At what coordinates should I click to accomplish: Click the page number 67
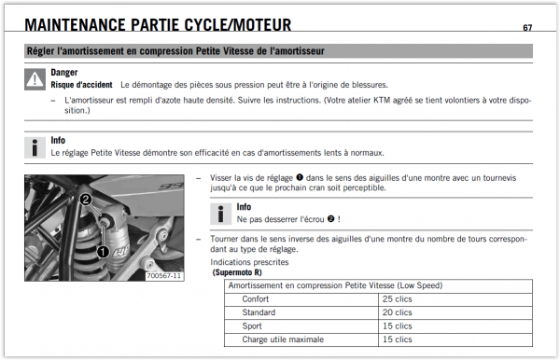point(527,27)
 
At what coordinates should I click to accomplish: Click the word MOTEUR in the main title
point(262,25)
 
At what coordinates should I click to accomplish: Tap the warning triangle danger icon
point(35,79)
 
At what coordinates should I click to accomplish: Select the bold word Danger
point(63,73)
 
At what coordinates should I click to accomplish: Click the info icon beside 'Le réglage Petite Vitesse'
point(35,147)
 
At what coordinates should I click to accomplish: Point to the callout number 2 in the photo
point(86,199)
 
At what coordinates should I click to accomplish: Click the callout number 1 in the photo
point(103,252)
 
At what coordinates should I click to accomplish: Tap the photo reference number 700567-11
point(164,276)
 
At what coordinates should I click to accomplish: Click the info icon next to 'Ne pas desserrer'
point(220,214)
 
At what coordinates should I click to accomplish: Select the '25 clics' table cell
point(398,299)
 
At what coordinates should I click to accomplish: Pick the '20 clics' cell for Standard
point(398,312)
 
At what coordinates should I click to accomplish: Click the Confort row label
point(256,299)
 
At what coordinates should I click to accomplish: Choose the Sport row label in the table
point(252,326)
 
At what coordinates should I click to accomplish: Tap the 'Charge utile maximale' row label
point(283,339)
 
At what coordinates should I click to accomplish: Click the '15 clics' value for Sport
point(398,326)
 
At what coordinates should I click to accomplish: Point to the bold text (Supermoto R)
point(237,272)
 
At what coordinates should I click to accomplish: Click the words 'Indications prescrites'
point(249,262)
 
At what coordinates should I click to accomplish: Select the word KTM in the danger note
point(382,100)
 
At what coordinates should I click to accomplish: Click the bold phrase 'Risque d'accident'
point(81,85)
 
